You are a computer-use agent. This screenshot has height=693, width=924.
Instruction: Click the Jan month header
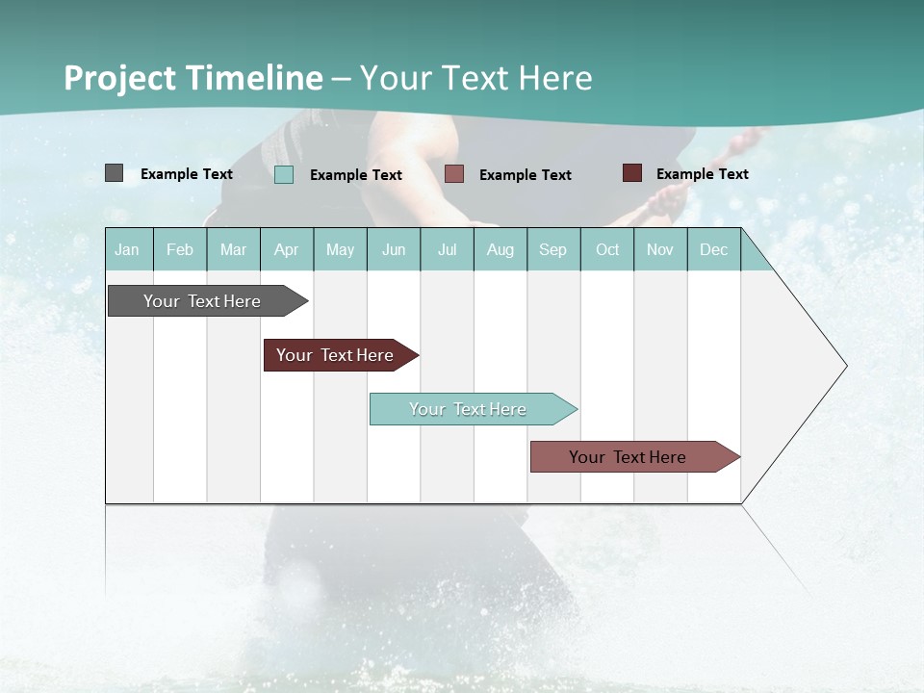tap(128, 249)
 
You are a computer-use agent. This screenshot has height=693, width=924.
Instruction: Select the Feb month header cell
tap(180, 249)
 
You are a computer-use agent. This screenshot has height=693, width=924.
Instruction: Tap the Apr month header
tap(287, 249)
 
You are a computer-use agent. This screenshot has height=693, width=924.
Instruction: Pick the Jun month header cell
tap(394, 249)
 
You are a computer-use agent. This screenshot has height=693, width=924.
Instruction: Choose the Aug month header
tap(500, 249)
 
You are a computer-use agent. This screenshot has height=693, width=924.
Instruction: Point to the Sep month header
tap(553, 249)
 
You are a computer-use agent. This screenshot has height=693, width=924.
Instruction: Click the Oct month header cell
tap(607, 249)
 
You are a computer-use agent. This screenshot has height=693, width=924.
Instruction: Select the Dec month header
tap(714, 249)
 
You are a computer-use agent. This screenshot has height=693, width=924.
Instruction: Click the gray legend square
tap(114, 173)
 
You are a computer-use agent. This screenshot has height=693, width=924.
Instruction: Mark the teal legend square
tap(284, 174)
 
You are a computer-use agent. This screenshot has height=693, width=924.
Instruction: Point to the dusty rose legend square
tap(454, 174)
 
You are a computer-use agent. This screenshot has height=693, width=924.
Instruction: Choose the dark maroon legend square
tap(632, 173)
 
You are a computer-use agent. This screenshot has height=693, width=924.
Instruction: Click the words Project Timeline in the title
tap(192, 78)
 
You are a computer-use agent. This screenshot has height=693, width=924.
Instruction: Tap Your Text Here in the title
tap(475, 78)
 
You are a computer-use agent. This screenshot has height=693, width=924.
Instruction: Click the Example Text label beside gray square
tap(187, 174)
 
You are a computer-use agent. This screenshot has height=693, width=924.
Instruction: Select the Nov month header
tap(660, 249)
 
